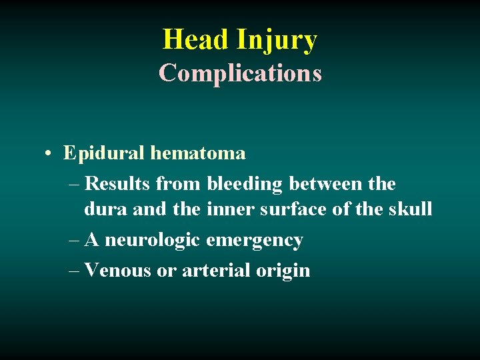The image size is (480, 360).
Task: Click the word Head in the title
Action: point(196,39)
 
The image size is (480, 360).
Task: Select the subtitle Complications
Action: point(240,73)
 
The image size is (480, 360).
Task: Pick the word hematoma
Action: point(198,153)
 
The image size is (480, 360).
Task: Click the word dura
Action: point(105,209)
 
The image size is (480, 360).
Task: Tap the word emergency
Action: point(255,241)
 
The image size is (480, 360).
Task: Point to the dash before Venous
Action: point(74,271)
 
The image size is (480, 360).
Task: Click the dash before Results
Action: point(74,183)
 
